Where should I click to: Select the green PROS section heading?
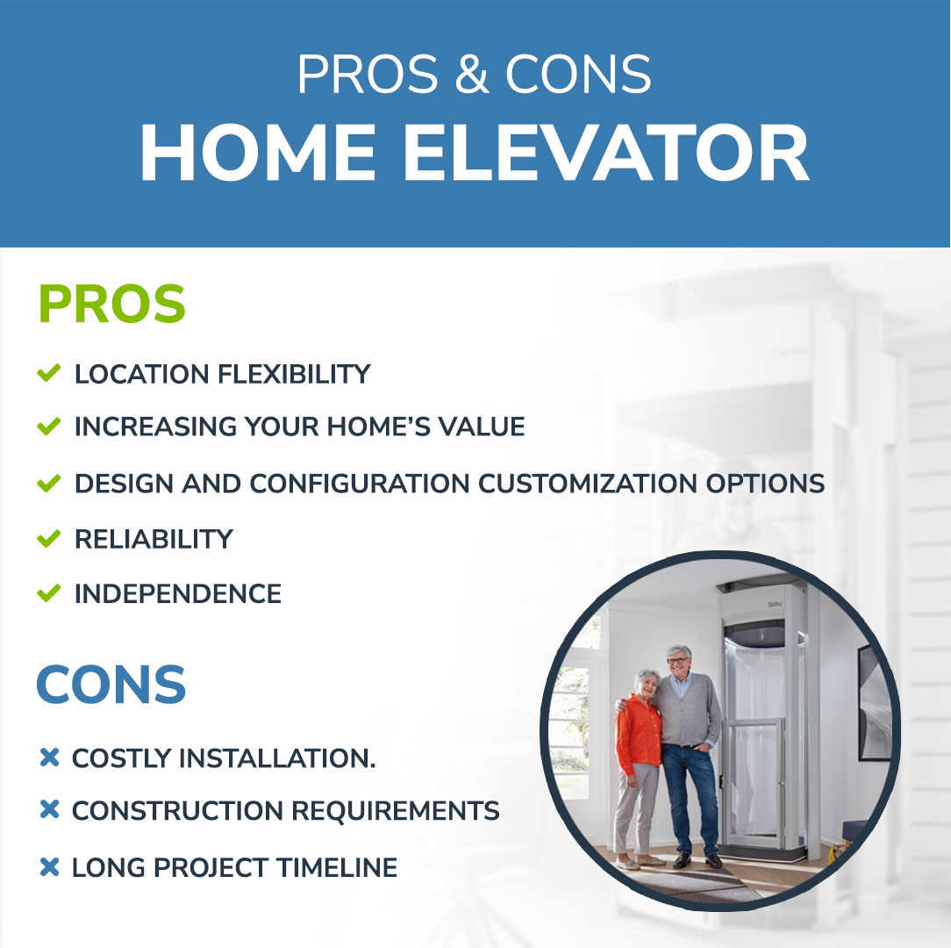point(111,304)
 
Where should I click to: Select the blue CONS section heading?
point(111,685)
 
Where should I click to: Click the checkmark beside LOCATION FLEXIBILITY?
point(48,373)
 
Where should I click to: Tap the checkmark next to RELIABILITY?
point(48,538)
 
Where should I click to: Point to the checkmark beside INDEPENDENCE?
point(48,592)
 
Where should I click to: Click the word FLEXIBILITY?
point(294,375)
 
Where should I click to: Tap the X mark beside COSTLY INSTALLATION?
point(49,758)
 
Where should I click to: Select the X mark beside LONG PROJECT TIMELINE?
point(49,866)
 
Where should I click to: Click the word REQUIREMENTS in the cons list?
point(395,811)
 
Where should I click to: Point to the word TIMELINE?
point(337,868)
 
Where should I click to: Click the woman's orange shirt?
point(638,735)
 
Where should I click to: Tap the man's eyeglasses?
point(678,660)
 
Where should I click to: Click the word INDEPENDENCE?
point(178,594)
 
